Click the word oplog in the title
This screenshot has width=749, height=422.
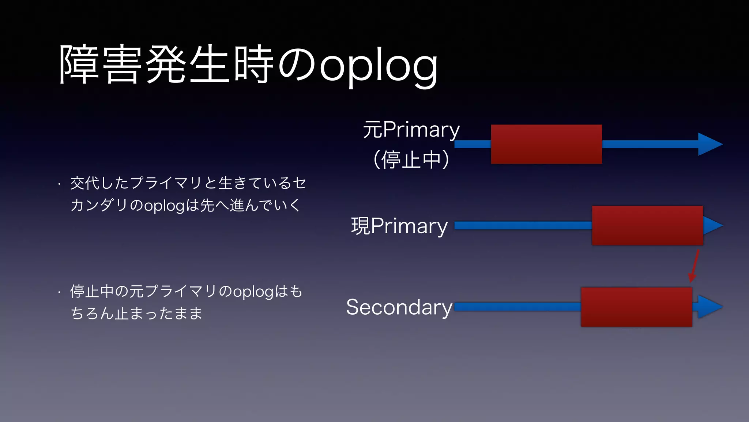coord(379,66)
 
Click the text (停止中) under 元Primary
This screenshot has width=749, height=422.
coord(411,160)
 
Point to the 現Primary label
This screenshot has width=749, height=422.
coord(399,226)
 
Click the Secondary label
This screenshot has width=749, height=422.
coord(399,307)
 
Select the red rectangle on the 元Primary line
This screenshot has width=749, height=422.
coord(546,144)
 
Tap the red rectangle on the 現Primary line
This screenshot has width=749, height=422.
coord(647,225)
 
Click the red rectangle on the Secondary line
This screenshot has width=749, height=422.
coord(636,307)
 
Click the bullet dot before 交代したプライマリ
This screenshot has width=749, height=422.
coord(59,184)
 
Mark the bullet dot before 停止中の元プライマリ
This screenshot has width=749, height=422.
coord(59,293)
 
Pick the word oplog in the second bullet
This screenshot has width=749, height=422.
coord(253,292)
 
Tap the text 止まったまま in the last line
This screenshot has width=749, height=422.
coord(158,314)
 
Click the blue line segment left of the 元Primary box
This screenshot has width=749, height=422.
coord(473,144)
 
